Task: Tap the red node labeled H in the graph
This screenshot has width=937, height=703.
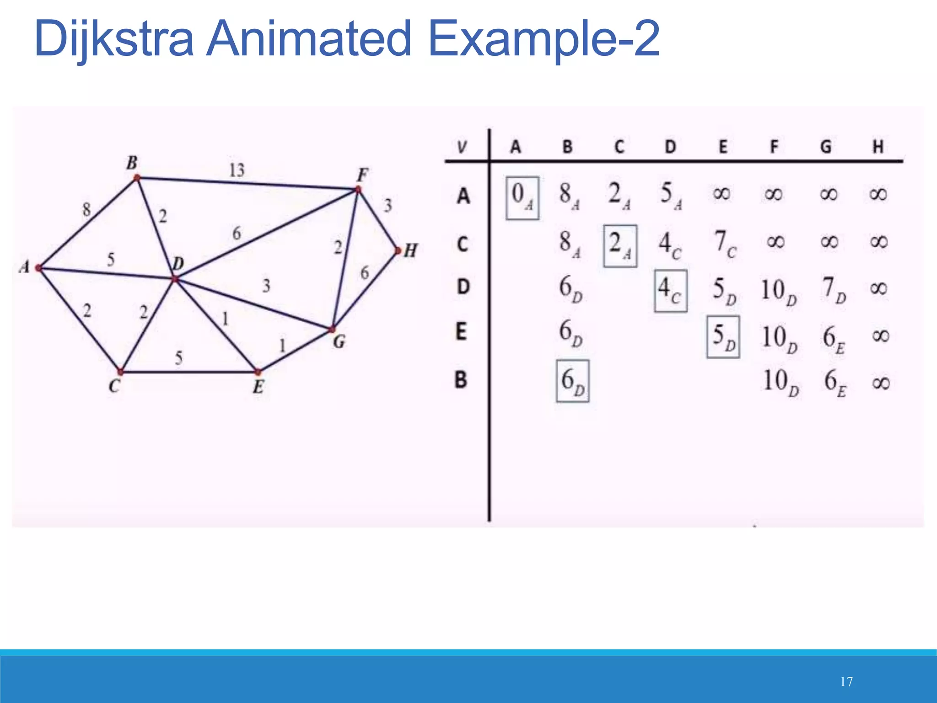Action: point(398,251)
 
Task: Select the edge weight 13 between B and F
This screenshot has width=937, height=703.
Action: point(237,170)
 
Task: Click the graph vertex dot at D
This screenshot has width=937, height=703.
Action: point(174,279)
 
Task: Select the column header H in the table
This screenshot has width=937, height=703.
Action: point(878,147)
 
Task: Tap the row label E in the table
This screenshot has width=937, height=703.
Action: point(461,331)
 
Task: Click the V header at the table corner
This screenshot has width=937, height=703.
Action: point(462,147)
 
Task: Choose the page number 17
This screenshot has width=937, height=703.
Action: point(846,682)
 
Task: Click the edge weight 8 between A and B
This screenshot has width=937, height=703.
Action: point(86,210)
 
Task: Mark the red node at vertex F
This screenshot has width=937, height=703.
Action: point(358,189)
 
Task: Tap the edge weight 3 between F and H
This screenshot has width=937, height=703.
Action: point(388,205)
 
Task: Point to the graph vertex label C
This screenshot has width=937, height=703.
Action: point(114,387)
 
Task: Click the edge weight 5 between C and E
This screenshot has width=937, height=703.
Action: point(179,357)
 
